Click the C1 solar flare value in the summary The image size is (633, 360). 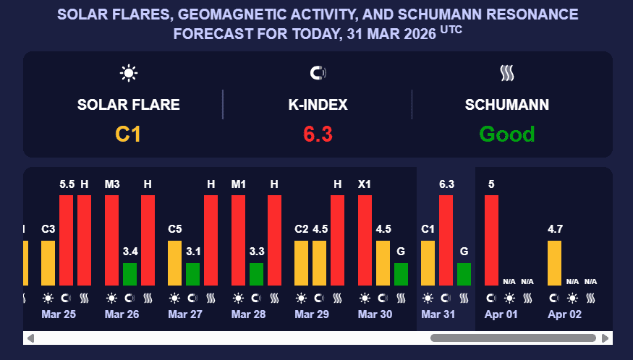pyautogui.click(x=128, y=134)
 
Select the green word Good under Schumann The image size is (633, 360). pyautogui.click(x=506, y=134)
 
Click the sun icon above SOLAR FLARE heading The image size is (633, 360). pyautogui.click(x=129, y=73)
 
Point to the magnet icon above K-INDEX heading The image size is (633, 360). pyautogui.click(x=318, y=73)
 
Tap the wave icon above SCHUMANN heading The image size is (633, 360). pyautogui.click(x=506, y=73)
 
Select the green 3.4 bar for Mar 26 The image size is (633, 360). pyautogui.click(x=130, y=274)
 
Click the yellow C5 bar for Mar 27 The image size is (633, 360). pyautogui.click(x=175, y=263)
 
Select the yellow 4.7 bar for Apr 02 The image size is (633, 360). pyautogui.click(x=555, y=263)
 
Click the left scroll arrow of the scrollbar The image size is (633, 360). pyautogui.click(x=30, y=338)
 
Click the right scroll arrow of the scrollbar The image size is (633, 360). pyautogui.click(x=606, y=338)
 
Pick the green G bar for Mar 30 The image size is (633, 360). pyautogui.click(x=401, y=274)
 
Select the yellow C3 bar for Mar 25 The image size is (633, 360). pyautogui.click(x=48, y=263)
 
